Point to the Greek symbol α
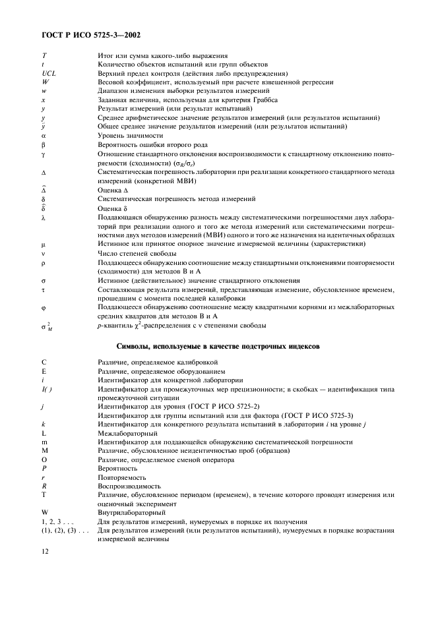coord(44,135)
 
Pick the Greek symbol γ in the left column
coord(44,153)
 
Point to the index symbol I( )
coord(47,389)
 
